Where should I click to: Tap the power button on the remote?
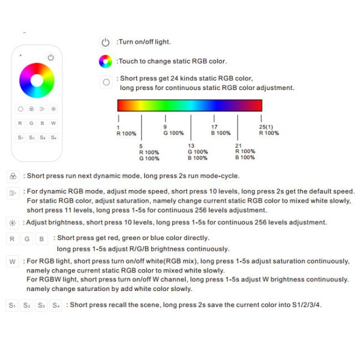(51, 58)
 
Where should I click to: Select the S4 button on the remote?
(54, 137)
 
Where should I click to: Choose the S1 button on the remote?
(20, 137)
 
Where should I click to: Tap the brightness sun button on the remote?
(53, 109)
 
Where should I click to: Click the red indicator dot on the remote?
(21, 56)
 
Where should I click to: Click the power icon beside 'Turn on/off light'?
(106, 42)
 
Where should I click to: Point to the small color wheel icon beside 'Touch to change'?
(106, 61)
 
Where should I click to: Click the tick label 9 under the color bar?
(166, 127)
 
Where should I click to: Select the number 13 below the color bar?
(190, 146)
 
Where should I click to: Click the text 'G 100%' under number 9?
(173, 133)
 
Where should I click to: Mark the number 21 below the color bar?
(238, 146)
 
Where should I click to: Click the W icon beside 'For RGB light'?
(12, 262)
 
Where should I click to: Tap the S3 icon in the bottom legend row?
(41, 305)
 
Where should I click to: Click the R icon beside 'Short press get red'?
(12, 239)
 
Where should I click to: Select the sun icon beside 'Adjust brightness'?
(12, 223)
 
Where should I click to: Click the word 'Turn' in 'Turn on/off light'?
(125, 42)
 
